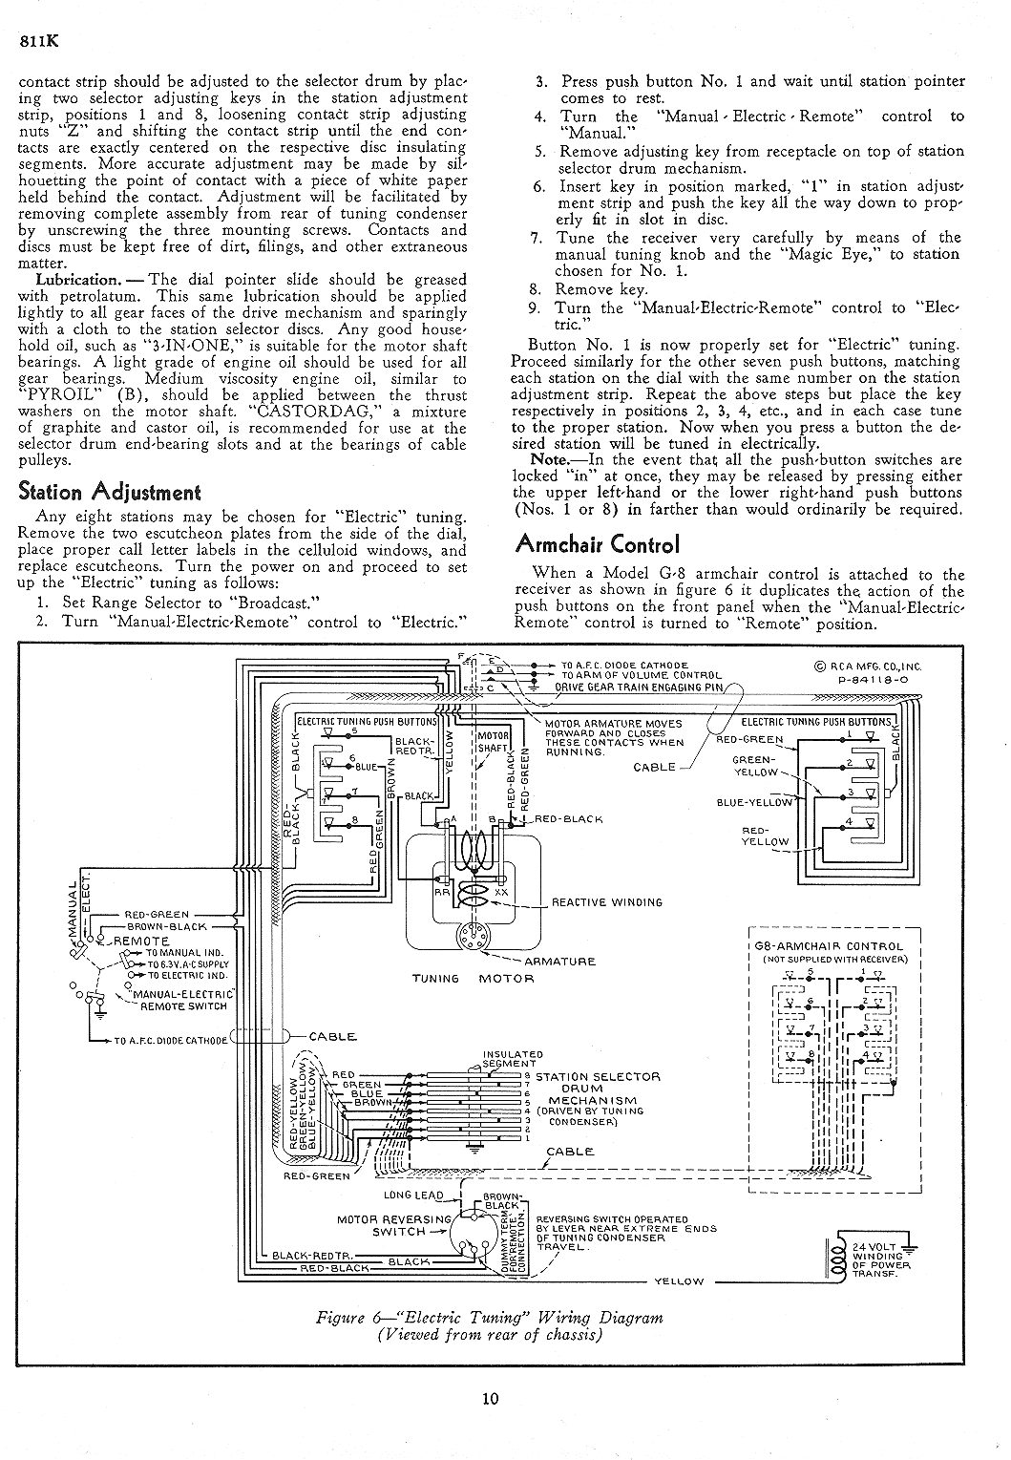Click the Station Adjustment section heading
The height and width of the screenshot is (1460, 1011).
point(110,492)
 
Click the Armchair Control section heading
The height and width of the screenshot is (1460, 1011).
point(597,543)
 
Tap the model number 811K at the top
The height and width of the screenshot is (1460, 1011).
point(39,40)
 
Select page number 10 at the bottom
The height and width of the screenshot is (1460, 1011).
point(490,1398)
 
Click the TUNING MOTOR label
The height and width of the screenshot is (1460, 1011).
point(473,979)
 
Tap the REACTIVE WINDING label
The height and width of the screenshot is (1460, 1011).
point(607,902)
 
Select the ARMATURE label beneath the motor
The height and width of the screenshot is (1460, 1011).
point(560,962)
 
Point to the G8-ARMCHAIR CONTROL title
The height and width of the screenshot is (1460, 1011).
point(829,945)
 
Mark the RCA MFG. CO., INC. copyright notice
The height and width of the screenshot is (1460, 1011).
point(868,667)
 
